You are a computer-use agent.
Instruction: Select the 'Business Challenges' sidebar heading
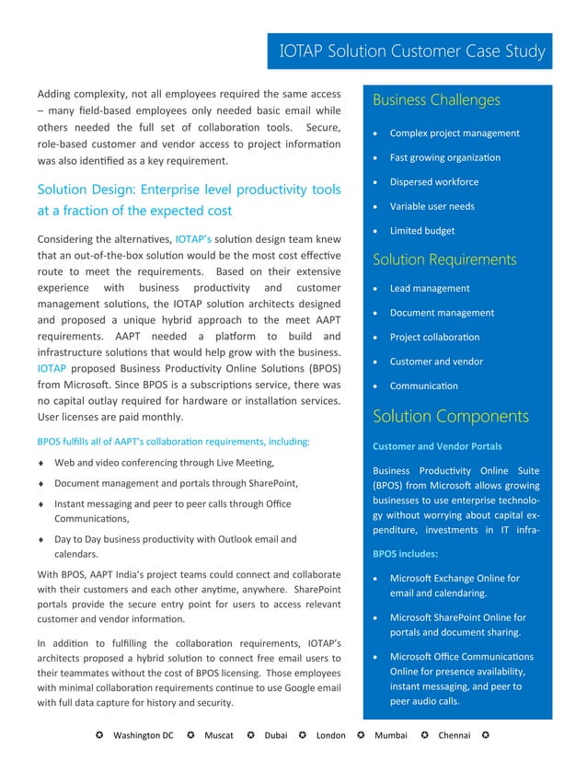click(x=436, y=100)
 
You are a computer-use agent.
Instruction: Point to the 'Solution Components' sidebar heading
click(x=450, y=417)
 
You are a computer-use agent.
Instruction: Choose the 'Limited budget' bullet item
click(x=421, y=231)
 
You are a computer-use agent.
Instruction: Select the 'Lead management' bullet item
click(x=430, y=288)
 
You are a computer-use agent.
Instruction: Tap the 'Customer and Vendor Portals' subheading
click(x=437, y=446)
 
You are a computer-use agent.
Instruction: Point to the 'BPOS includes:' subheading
click(x=405, y=555)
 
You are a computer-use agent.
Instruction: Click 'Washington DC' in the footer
click(x=143, y=736)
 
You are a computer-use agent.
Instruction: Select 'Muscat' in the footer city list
click(x=217, y=736)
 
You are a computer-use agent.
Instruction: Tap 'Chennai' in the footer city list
click(x=455, y=736)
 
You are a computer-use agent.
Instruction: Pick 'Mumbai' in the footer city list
click(x=391, y=736)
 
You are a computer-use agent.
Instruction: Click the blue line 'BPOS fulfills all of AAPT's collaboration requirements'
click(x=173, y=442)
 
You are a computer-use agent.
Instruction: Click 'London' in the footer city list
click(x=330, y=736)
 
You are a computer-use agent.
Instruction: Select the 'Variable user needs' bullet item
click(x=432, y=206)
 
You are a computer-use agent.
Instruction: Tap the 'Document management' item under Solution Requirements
click(x=442, y=313)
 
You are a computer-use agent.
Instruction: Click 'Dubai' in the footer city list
click(x=275, y=736)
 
